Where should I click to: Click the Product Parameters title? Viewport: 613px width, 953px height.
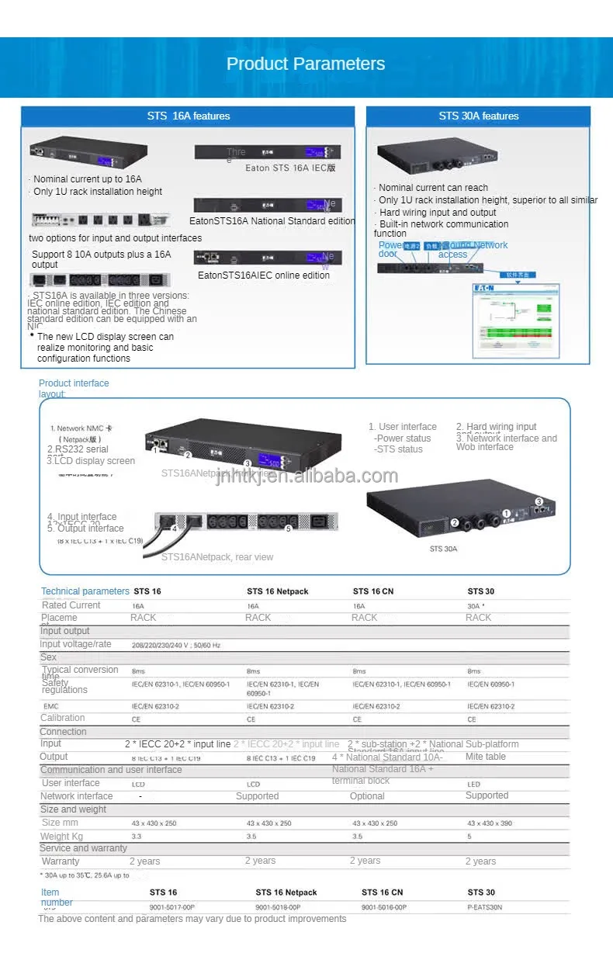(x=306, y=64)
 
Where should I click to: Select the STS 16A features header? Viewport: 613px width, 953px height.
(x=189, y=116)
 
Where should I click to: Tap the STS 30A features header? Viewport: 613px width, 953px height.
(x=478, y=116)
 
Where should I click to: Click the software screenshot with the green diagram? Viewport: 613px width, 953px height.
(x=516, y=318)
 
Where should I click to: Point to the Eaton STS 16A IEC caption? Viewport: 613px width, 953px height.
(x=290, y=168)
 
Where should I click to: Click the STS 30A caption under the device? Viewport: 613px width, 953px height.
(x=443, y=549)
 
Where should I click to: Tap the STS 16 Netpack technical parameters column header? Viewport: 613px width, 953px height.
(x=277, y=591)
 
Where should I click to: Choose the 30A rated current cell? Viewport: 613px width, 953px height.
(x=476, y=605)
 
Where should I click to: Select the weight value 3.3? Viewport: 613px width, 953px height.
(x=137, y=837)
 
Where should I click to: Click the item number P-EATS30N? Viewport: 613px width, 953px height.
(x=485, y=906)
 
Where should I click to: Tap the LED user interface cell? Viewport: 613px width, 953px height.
(x=473, y=784)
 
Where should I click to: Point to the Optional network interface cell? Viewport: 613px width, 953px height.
(x=367, y=796)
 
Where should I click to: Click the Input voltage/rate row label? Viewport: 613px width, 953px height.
(x=75, y=644)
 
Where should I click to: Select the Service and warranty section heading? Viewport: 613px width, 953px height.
(x=83, y=848)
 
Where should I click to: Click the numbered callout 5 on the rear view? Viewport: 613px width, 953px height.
(x=288, y=528)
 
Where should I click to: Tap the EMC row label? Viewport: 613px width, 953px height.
(x=50, y=706)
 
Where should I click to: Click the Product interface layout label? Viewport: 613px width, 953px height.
(x=74, y=388)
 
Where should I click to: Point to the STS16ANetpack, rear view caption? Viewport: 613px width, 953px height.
(x=217, y=557)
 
